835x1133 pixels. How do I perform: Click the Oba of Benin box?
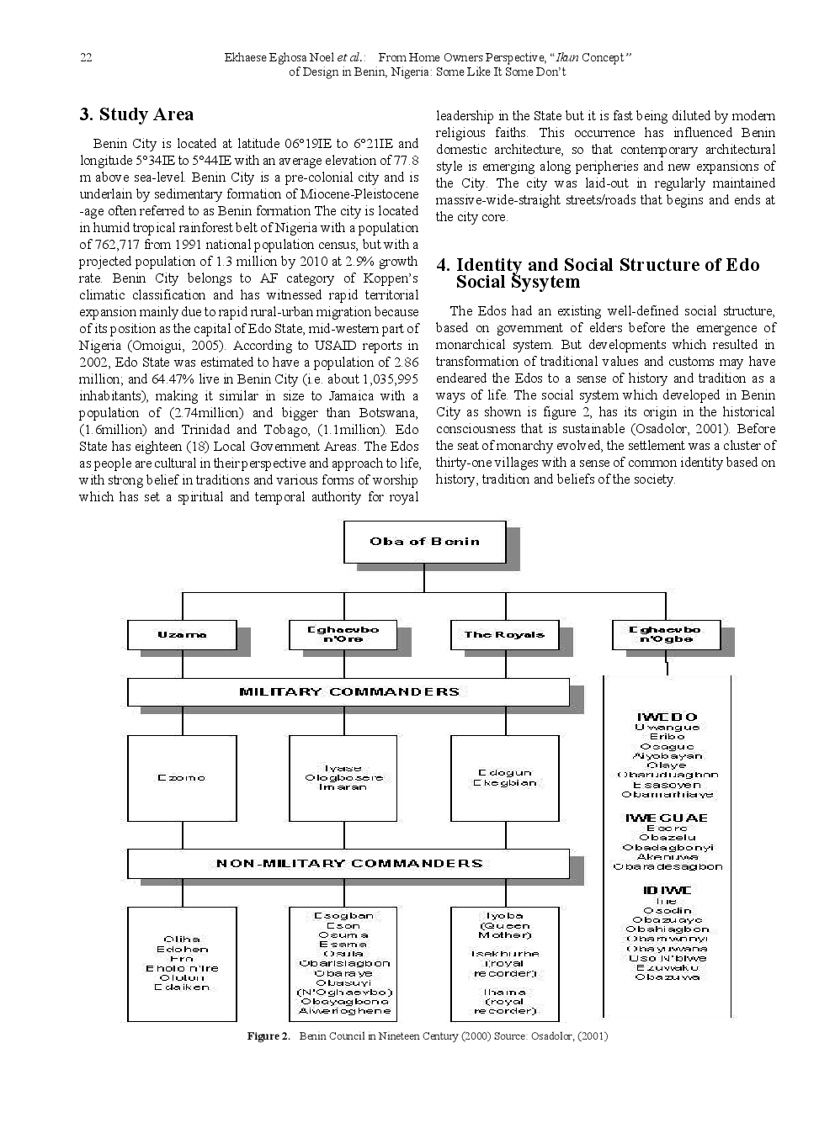pos(424,542)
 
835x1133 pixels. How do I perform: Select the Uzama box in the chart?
pos(181,634)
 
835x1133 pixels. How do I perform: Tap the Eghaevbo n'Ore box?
pos(343,634)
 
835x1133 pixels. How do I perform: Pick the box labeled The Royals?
pos(504,634)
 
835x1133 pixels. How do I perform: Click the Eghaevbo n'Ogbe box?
pos(665,634)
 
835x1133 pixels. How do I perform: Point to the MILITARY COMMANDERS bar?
pos(348,692)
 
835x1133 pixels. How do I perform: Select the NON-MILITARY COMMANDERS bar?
pos(348,863)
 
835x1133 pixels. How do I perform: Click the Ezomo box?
pos(181,778)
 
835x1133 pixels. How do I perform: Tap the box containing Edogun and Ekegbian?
pos(504,778)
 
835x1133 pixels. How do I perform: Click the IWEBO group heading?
pos(667,717)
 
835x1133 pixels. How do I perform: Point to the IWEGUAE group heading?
pos(667,818)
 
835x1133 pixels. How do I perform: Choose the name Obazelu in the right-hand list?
pos(667,838)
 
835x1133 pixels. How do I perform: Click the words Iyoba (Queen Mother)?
pos(504,925)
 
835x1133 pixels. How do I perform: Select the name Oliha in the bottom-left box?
pos(182,940)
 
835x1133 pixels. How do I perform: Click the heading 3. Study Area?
pos(136,114)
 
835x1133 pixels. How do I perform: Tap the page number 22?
pos(85,57)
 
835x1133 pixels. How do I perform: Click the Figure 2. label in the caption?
pos(268,1036)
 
